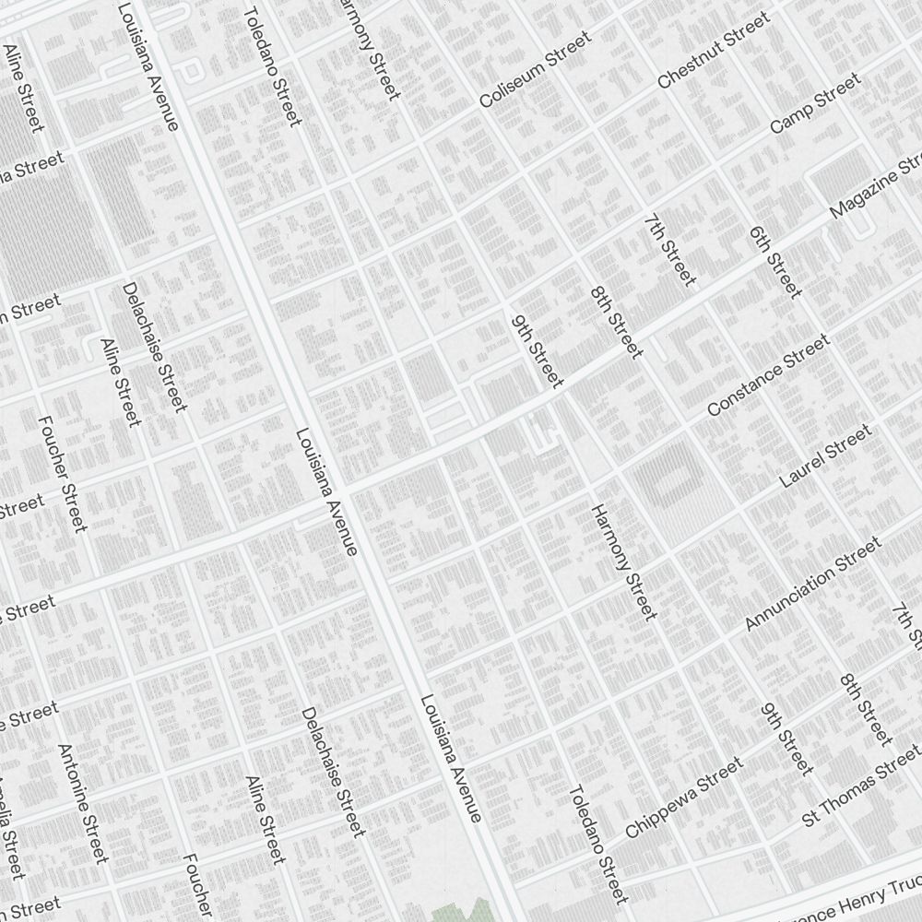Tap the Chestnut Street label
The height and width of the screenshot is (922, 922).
tap(714, 51)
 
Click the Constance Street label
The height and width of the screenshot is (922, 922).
tap(768, 375)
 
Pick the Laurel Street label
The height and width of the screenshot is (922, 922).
tap(824, 456)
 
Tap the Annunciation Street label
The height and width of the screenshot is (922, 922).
tap(812, 585)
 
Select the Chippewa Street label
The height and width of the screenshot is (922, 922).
tap(683, 798)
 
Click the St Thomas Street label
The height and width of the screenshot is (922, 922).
tap(860, 792)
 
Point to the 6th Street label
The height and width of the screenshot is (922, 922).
tap(775, 262)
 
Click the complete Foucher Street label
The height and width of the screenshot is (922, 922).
tap(63, 473)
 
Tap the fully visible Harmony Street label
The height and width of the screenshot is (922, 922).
tap(624, 561)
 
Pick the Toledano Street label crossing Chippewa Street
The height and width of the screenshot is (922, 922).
tap(597, 844)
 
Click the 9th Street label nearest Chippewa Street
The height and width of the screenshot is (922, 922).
tap(786, 739)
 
